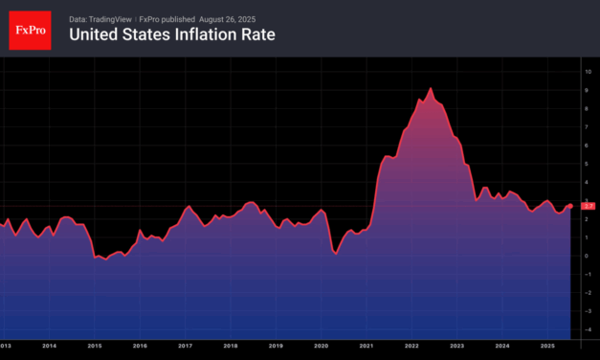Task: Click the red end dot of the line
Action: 571,206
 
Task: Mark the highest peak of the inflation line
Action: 431,89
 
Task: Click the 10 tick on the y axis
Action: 589,72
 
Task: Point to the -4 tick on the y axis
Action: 589,329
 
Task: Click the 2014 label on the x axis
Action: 49,345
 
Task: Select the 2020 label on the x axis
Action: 321,345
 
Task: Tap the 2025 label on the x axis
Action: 547,345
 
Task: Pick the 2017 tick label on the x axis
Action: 185,345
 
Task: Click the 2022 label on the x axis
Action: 411,345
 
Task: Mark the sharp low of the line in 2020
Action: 335,253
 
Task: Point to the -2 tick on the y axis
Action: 589,293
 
